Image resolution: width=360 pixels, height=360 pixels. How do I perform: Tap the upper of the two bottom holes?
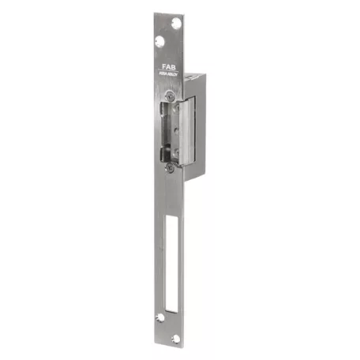[160, 317]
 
